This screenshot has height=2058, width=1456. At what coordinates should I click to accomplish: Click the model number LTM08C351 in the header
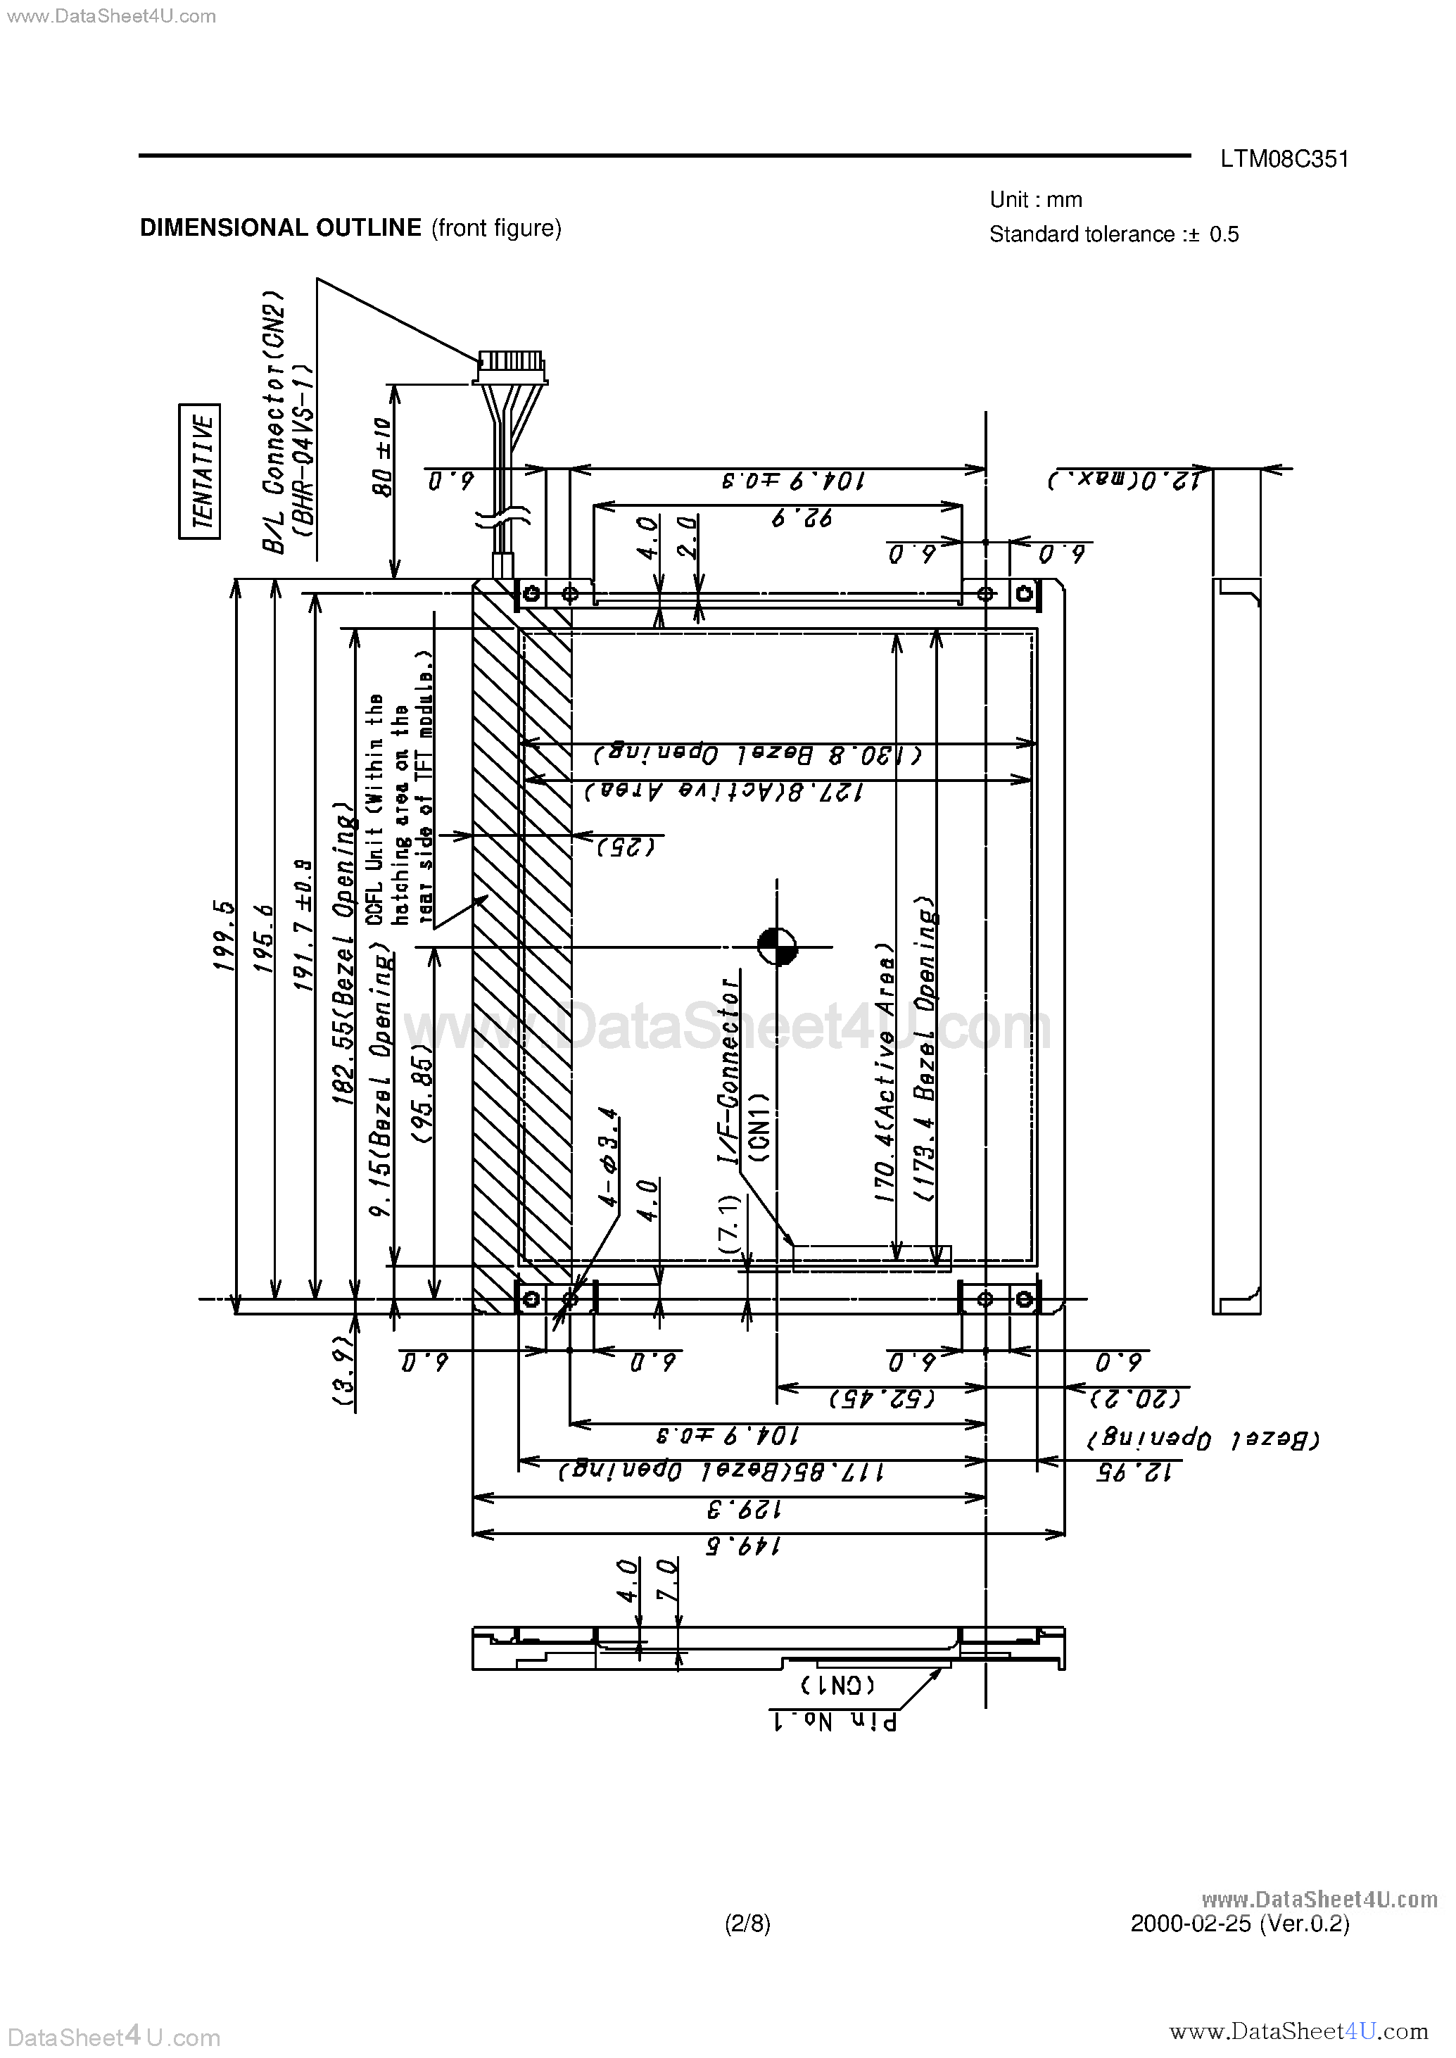click(1283, 160)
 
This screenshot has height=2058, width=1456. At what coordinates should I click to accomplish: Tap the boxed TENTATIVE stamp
click(199, 471)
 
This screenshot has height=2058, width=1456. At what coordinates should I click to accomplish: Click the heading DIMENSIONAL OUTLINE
click(281, 228)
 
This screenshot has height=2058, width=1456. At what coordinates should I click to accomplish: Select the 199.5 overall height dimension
click(223, 935)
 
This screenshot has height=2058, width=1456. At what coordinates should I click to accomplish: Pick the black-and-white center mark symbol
click(776, 946)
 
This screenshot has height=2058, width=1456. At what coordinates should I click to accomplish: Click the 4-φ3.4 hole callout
click(608, 1157)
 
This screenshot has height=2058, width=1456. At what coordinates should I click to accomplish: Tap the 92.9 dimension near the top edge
click(802, 518)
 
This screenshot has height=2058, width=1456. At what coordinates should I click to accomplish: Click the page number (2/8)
click(747, 1923)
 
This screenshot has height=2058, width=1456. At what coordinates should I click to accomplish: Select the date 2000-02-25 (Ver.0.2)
click(1239, 1923)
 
